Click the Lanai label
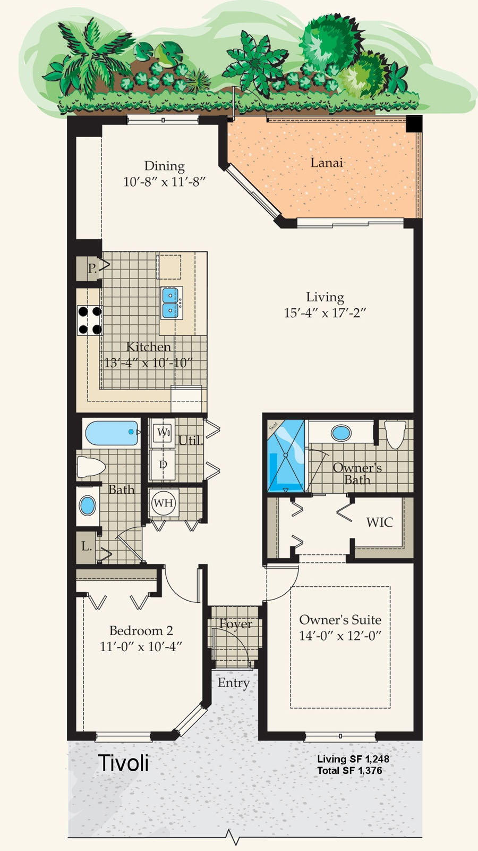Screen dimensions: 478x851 (x=327, y=163)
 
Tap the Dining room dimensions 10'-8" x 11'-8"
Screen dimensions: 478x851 (x=164, y=182)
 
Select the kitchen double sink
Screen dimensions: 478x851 (x=171, y=303)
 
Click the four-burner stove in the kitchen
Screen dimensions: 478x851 (x=90, y=321)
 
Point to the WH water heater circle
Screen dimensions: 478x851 (x=164, y=503)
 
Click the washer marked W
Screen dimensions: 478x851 (x=163, y=432)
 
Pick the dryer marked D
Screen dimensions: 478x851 (x=163, y=464)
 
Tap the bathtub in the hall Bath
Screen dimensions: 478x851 (x=111, y=433)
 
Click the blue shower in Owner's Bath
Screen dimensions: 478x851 (x=286, y=456)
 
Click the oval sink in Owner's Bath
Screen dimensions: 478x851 (x=341, y=433)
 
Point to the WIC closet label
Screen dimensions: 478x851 (x=379, y=523)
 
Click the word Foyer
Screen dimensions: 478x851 (x=235, y=624)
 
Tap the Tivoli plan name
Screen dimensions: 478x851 (x=123, y=762)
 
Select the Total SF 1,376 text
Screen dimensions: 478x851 (x=349, y=770)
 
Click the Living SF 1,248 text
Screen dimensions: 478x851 (x=353, y=759)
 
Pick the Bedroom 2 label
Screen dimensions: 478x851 (x=141, y=630)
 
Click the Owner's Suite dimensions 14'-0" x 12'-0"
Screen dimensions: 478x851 (x=340, y=636)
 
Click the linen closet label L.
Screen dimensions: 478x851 (x=86, y=546)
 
